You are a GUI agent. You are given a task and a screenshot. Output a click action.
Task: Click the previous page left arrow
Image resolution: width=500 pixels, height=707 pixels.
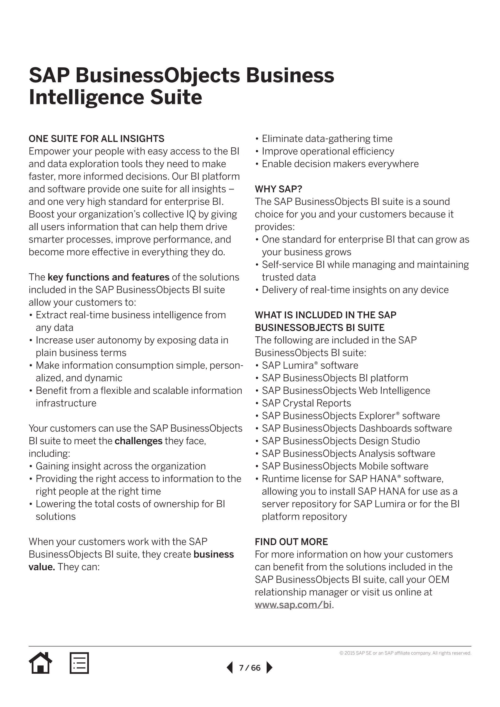230,668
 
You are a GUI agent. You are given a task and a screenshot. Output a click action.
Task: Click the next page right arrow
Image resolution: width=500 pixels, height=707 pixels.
269,668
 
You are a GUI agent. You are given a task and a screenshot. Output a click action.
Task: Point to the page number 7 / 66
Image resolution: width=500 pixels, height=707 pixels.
250,668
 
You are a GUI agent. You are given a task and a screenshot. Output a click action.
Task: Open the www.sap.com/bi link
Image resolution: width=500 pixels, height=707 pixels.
293,604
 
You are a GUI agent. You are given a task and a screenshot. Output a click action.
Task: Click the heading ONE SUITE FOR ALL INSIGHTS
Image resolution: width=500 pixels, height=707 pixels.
96,139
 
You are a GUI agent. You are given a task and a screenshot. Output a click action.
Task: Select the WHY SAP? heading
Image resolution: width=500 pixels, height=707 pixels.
278,189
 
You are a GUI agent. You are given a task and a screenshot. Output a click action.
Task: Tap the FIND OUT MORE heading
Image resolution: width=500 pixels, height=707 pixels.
291,542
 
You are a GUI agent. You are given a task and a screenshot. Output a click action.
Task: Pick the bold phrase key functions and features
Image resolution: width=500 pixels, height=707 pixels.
108,277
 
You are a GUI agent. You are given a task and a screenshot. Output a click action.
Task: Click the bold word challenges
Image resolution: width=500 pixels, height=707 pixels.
138,441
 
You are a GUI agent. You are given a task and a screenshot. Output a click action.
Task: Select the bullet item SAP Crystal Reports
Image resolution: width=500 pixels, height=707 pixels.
306,403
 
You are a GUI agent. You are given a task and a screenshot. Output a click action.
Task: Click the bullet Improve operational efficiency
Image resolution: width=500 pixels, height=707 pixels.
328,151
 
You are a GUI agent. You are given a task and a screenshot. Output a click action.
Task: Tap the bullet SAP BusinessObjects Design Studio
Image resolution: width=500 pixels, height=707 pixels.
341,441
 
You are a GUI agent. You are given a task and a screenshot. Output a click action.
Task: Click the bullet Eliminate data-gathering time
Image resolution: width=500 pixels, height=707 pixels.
327,139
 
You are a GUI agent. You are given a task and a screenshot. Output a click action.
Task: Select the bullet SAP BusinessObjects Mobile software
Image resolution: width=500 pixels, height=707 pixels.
345,466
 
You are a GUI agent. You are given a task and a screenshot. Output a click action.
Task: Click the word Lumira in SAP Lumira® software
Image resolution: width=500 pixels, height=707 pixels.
298,365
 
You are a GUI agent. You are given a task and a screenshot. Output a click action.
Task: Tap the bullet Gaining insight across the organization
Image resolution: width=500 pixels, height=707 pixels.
120,466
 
